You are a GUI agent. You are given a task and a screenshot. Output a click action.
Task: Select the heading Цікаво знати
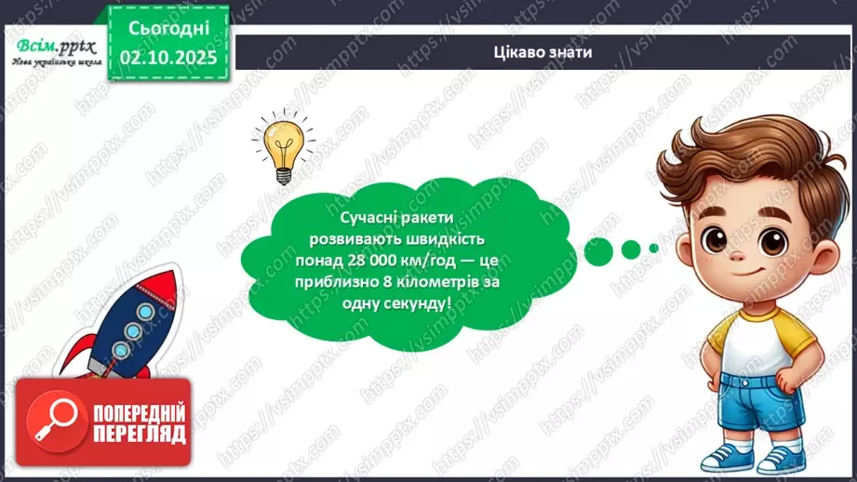[543, 52]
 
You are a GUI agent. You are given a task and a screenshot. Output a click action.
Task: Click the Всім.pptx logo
[55, 47]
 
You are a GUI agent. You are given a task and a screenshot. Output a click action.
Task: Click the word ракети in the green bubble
[424, 217]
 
